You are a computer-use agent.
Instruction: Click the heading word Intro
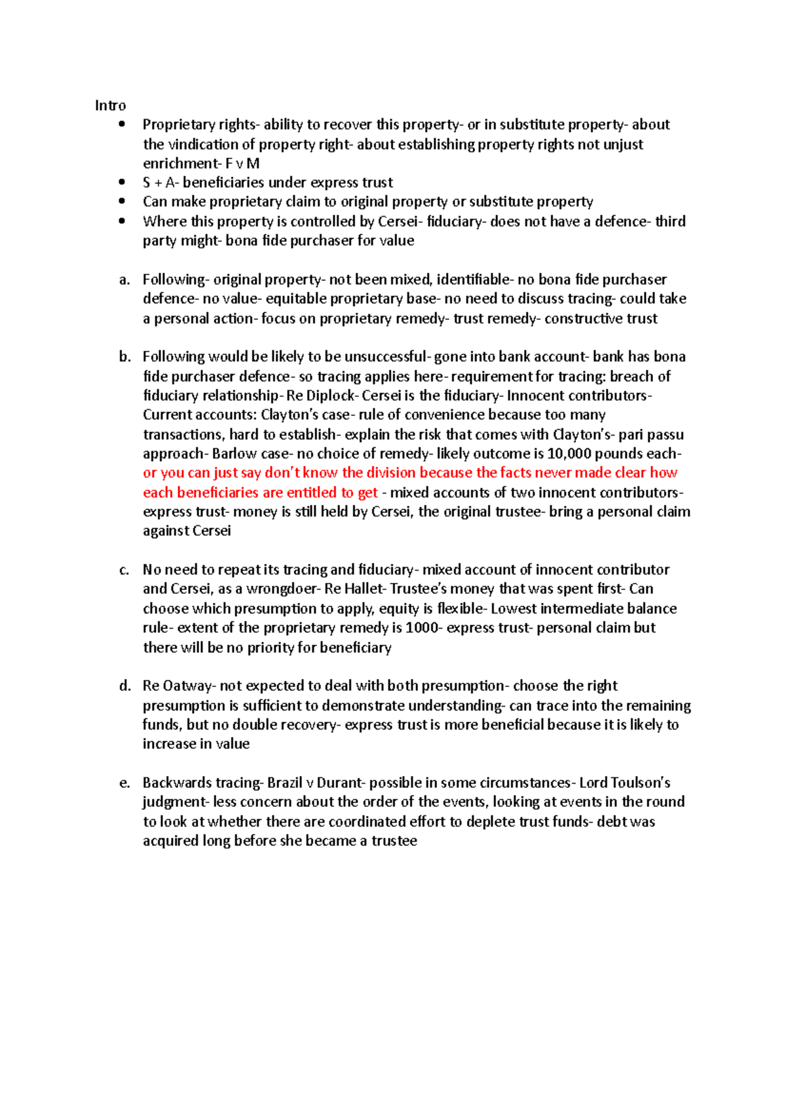pos(110,105)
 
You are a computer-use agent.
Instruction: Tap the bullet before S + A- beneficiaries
pos(122,183)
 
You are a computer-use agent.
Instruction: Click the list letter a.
pos(124,280)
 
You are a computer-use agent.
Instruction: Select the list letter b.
pos(124,357)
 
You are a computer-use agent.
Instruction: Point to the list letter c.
pos(124,570)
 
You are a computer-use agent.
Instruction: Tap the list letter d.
pos(124,686)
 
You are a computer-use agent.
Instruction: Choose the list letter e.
pos(124,783)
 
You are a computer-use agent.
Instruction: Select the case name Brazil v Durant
pos(316,783)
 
